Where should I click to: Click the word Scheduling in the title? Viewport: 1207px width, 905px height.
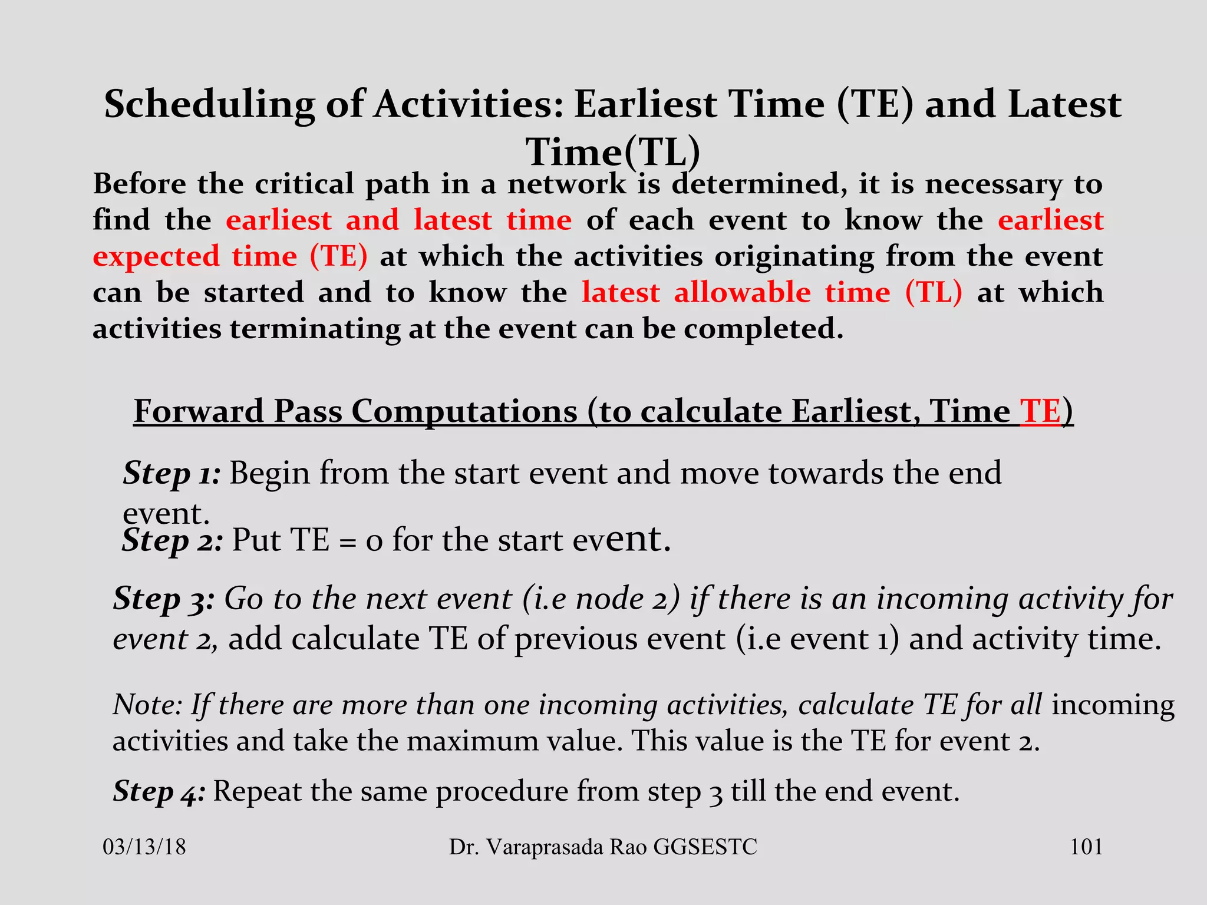[209, 105]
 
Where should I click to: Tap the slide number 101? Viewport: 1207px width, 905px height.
[1086, 847]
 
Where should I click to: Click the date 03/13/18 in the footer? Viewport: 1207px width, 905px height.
[144, 847]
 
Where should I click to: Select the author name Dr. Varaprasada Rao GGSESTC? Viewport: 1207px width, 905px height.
[603, 847]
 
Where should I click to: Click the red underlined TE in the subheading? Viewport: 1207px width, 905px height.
[1040, 411]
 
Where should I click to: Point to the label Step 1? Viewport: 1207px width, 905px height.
[172, 473]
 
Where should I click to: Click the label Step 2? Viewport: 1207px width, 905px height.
[172, 540]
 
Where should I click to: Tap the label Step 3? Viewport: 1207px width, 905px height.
[164, 599]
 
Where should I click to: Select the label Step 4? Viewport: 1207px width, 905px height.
[159, 791]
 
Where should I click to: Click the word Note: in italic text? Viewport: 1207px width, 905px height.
[147, 705]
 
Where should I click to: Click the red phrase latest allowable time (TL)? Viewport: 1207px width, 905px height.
[771, 293]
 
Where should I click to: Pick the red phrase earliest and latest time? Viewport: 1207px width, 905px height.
[399, 220]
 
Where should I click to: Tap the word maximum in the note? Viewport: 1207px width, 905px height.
[472, 741]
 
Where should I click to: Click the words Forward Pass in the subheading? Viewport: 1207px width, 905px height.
[238, 411]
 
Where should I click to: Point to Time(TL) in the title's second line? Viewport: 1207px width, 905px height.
[612, 152]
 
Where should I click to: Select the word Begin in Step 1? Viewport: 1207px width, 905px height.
[269, 473]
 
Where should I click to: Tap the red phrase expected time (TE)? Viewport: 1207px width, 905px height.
[230, 257]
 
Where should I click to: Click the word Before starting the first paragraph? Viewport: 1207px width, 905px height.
[140, 184]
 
